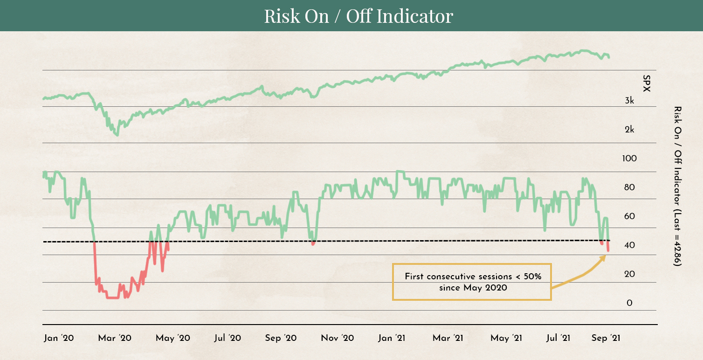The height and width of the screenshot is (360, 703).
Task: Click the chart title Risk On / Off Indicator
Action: click(358, 16)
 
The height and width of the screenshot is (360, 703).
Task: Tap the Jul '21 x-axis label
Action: click(558, 338)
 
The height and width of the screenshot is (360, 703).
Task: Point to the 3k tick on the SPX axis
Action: click(629, 101)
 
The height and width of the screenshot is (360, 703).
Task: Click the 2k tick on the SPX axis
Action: click(629, 130)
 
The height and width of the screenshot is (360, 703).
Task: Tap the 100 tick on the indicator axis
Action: click(629, 159)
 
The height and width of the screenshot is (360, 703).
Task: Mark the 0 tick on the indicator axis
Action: click(629, 304)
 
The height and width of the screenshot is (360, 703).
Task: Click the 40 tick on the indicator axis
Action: click(629, 246)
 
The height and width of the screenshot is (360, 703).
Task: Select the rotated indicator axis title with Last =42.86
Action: click(677, 187)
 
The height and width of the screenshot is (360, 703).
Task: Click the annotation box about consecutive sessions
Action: click(472, 282)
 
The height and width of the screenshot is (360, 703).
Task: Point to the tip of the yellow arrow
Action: click(606, 256)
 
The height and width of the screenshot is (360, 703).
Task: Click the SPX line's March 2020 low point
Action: click(117, 135)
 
